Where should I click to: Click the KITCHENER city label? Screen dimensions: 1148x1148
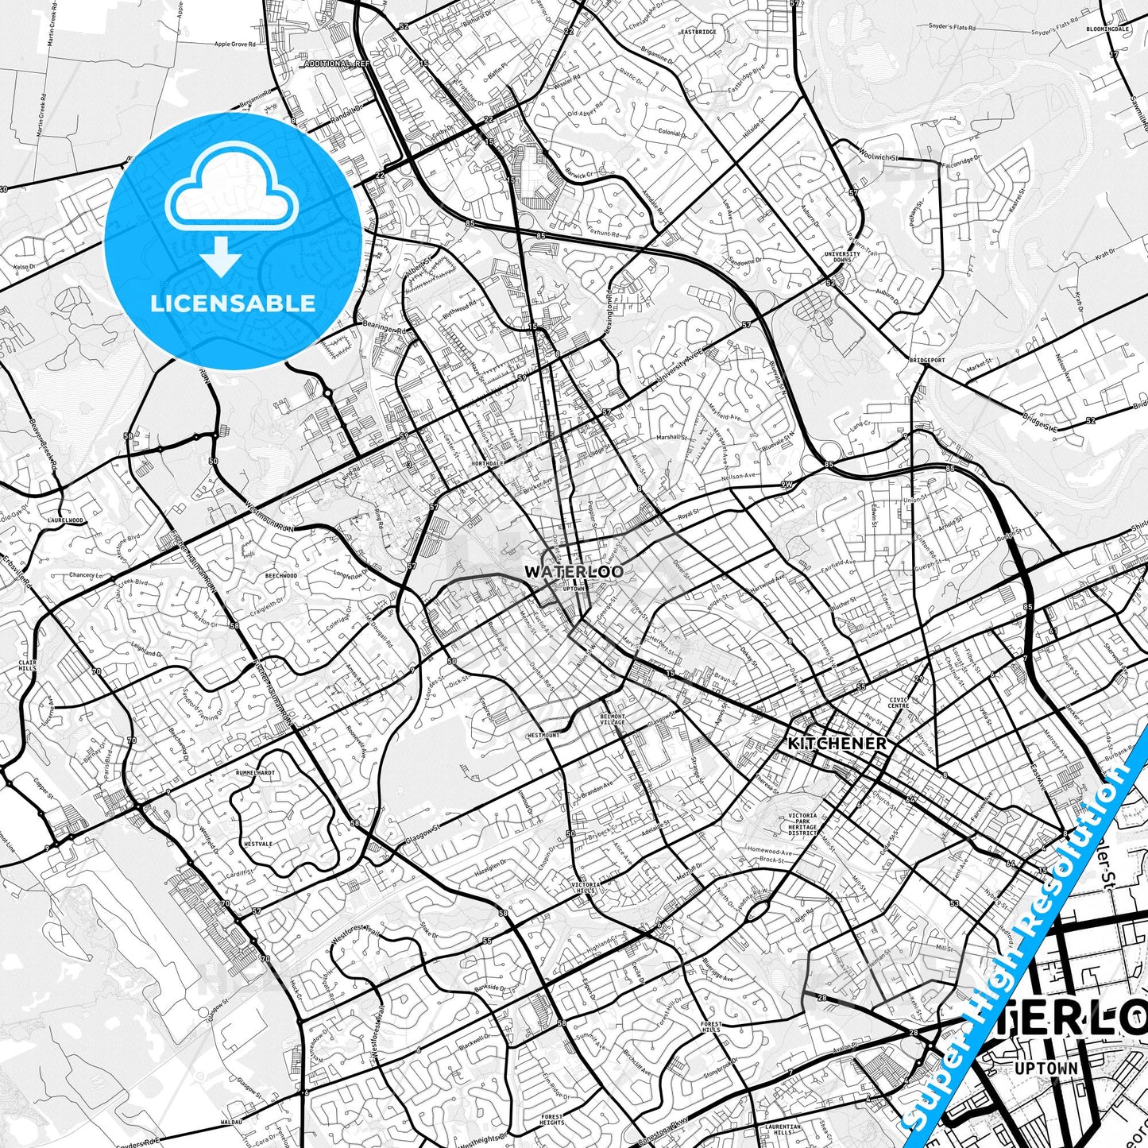pyautogui.click(x=837, y=744)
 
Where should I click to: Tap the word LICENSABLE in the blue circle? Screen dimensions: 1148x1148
pyautogui.click(x=233, y=303)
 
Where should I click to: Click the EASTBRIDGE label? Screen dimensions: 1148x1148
pyautogui.click(x=698, y=32)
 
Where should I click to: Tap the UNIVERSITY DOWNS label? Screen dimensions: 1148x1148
pyautogui.click(x=841, y=257)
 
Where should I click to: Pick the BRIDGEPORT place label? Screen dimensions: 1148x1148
pyautogui.click(x=927, y=360)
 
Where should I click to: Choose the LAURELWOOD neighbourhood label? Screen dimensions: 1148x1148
pyautogui.click(x=65, y=520)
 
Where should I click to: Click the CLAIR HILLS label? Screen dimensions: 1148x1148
pyautogui.click(x=28, y=666)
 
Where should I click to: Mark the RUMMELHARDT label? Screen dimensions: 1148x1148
pyautogui.click(x=255, y=772)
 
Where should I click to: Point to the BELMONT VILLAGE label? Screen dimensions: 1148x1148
pyautogui.click(x=612, y=719)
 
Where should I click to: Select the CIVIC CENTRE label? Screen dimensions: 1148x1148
pyautogui.click(x=898, y=702)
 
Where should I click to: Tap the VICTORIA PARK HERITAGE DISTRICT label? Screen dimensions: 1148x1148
pyautogui.click(x=802, y=824)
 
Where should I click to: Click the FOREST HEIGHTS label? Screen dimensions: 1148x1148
pyautogui.click(x=551, y=1119)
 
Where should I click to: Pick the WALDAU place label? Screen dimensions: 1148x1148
pyautogui.click(x=231, y=1123)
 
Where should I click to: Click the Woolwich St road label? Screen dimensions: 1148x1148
pyautogui.click(x=878, y=157)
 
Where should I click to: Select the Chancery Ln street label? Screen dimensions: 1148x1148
pyautogui.click(x=85, y=574)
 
